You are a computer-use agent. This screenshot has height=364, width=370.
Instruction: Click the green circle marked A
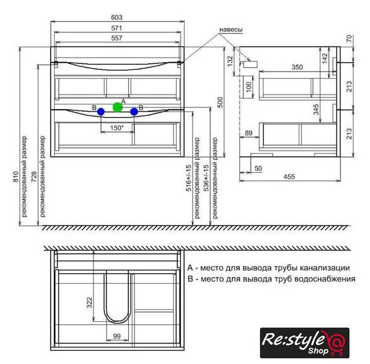pos(117,107)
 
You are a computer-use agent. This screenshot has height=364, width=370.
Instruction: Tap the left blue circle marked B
pos(101,112)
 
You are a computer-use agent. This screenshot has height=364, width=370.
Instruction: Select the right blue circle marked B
pos(134,112)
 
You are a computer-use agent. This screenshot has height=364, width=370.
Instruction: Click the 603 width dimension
pos(116,18)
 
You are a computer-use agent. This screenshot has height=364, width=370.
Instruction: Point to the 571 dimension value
pos(116,28)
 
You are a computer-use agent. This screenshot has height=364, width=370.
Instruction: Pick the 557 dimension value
pos(116,38)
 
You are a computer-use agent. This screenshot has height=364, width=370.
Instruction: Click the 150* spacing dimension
pos(117,128)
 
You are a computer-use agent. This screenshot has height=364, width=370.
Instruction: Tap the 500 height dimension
pos(220,102)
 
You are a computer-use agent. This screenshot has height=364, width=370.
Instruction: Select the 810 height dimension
pos(15,177)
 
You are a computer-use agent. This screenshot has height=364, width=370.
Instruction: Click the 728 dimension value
pos(34,177)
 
